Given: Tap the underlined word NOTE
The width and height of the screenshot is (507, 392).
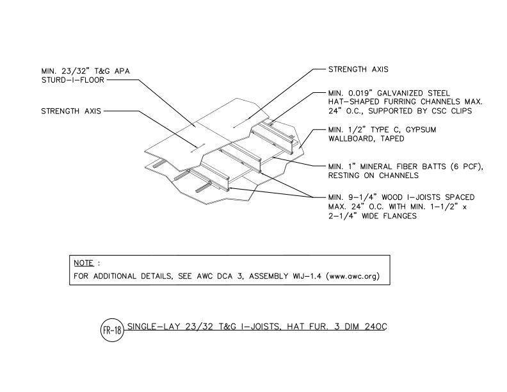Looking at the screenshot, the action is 83,263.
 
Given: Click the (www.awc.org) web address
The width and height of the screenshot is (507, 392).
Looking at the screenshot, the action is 353,276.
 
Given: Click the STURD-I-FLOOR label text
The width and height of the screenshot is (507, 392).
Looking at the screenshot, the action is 73,80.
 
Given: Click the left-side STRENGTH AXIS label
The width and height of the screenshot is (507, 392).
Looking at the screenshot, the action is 71,111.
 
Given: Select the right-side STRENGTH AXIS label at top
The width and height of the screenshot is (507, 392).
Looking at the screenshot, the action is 358,69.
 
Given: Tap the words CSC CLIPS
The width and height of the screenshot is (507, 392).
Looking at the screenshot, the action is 452,111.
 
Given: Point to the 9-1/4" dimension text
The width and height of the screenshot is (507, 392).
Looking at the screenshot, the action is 364,197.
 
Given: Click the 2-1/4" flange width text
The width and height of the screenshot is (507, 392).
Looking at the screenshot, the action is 343,216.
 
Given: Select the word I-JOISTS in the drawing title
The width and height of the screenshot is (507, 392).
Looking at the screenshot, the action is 258,327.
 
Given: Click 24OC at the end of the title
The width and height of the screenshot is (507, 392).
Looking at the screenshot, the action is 375,327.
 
